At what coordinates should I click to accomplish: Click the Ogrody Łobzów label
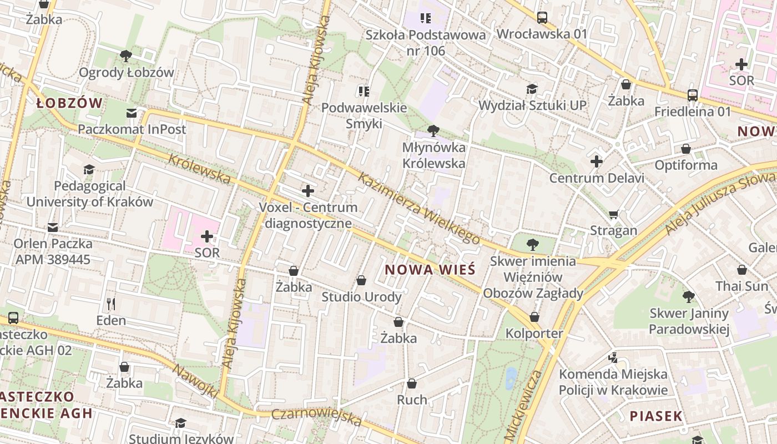[x=127, y=73]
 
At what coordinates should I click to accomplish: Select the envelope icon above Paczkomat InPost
[x=132, y=113]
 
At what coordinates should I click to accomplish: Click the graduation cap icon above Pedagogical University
[x=89, y=169]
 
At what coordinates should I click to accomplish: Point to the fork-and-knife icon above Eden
[x=111, y=304]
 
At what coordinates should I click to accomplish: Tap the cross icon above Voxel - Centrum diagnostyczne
[x=307, y=191]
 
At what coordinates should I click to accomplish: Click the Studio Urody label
[x=361, y=297]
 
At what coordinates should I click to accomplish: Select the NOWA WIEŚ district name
[x=430, y=270]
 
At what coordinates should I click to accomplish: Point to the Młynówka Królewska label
[x=433, y=155]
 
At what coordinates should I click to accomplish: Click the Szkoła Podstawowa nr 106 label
[x=426, y=43]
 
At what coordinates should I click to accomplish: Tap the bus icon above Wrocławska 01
[x=542, y=18]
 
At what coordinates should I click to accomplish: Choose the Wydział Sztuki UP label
[x=532, y=105]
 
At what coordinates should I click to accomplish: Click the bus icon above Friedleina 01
[x=692, y=95]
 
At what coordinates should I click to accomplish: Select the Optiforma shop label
[x=686, y=165]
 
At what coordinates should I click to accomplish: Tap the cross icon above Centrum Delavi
[x=597, y=162]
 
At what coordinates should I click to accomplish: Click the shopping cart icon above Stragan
[x=613, y=214]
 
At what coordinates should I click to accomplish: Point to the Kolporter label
[x=534, y=334]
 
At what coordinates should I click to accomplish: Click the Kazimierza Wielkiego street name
[x=419, y=208]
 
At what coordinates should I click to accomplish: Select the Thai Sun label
[x=741, y=286]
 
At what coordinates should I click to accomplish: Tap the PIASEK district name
[x=655, y=416]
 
